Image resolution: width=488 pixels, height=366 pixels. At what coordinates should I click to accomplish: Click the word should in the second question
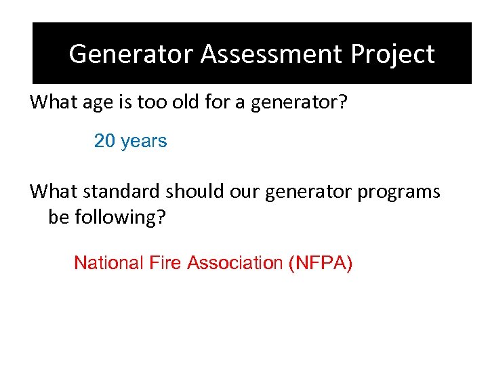click(x=196, y=192)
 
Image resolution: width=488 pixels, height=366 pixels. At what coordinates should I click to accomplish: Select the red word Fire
click(x=162, y=262)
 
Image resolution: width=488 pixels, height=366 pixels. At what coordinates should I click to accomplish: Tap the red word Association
click(x=233, y=262)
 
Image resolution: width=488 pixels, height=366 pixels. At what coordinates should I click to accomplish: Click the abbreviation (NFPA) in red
click(x=320, y=263)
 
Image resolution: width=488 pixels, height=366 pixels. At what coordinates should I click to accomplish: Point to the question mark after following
click(x=162, y=218)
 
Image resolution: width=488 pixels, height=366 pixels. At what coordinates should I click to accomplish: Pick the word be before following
click(x=58, y=218)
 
